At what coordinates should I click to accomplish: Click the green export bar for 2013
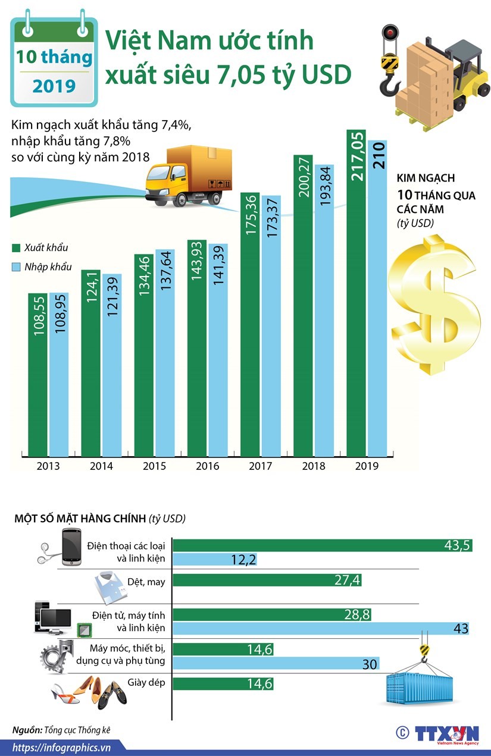[x=37, y=375]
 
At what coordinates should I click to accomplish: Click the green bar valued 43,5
[x=321, y=545]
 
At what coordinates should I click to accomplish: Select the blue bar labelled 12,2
[x=215, y=559]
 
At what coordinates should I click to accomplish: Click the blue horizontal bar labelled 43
[x=321, y=628]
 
